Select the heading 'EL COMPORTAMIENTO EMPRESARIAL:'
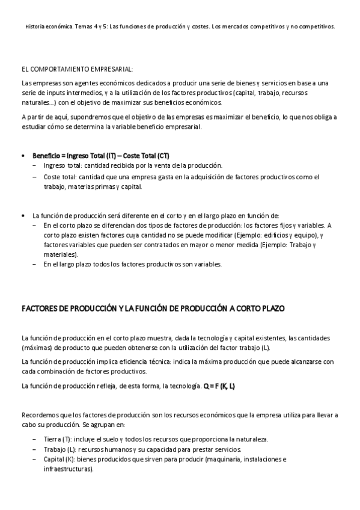coord(77,70)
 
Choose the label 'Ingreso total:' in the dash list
coord(63,165)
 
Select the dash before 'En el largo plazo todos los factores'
coord(35,264)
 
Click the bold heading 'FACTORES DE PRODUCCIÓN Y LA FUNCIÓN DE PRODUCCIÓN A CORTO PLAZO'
coord(153,309)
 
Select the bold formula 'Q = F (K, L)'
coord(219,386)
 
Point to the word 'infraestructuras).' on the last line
coord(69,469)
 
